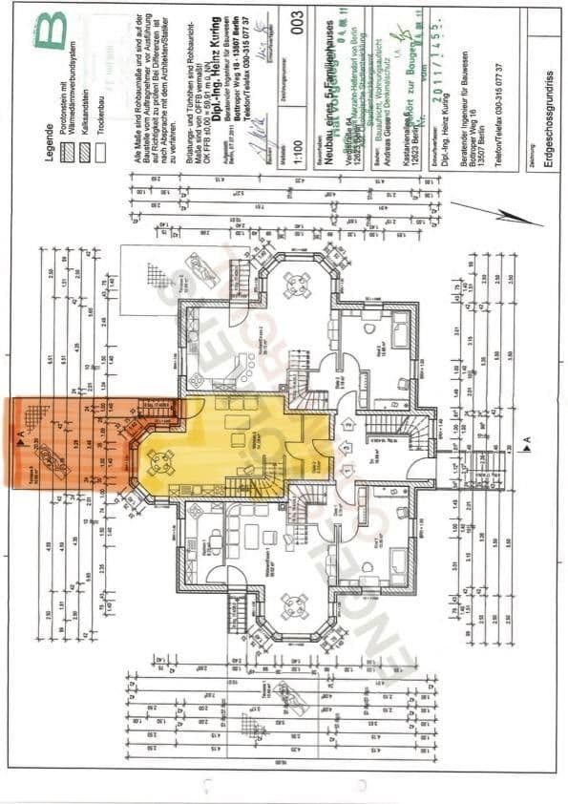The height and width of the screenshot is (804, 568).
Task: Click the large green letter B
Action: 52,31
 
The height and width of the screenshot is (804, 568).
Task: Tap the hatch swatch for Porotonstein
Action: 67,152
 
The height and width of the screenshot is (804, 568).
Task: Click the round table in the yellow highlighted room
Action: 160,462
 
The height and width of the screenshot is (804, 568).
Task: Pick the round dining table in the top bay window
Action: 297,284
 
